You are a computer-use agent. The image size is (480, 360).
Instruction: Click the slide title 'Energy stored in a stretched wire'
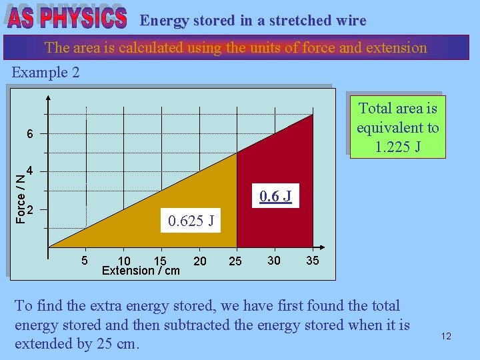click(x=253, y=21)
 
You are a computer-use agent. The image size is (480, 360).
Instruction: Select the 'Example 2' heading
click(x=46, y=73)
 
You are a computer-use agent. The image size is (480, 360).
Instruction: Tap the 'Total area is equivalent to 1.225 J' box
click(x=397, y=127)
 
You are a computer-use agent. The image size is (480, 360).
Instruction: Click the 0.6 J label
click(x=275, y=197)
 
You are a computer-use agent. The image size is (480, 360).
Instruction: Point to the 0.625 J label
click(x=191, y=221)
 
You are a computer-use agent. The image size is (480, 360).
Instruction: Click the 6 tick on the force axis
click(x=30, y=134)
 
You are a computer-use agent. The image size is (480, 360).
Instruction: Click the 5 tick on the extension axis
click(x=85, y=260)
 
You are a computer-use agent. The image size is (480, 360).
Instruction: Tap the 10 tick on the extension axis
click(x=124, y=261)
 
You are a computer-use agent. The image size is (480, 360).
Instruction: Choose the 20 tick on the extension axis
click(x=200, y=261)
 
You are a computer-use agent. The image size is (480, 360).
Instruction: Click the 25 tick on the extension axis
click(x=235, y=261)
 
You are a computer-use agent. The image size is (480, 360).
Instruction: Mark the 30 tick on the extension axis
click(x=274, y=260)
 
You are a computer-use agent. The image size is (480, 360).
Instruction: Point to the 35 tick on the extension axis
click(x=312, y=260)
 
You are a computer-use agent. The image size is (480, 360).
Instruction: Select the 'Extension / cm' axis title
click(x=141, y=271)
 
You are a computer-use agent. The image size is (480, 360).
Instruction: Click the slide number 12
click(x=446, y=336)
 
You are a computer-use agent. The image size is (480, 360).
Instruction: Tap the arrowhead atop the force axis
click(x=49, y=95)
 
